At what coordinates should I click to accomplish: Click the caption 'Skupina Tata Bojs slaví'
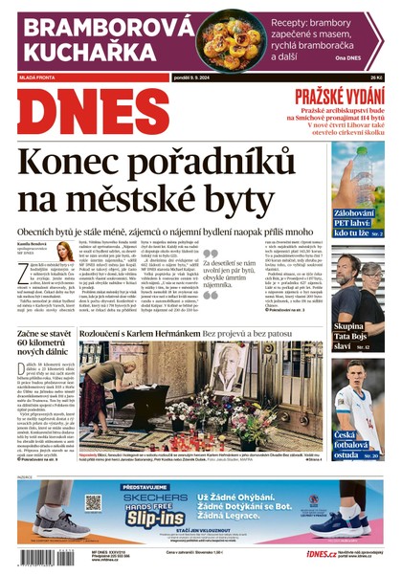[x=348, y=337]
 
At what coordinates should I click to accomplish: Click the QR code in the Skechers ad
[x=92, y=502]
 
